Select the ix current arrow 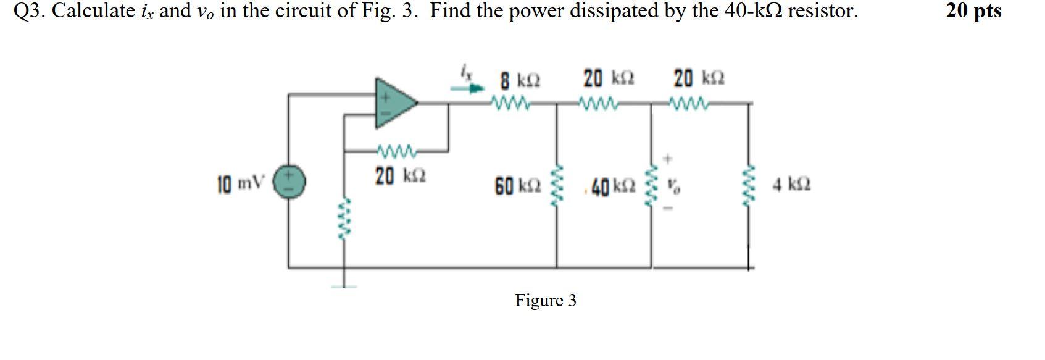468,88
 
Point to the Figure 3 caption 546,301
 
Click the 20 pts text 973,11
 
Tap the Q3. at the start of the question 30,11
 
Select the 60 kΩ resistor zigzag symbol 557,185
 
